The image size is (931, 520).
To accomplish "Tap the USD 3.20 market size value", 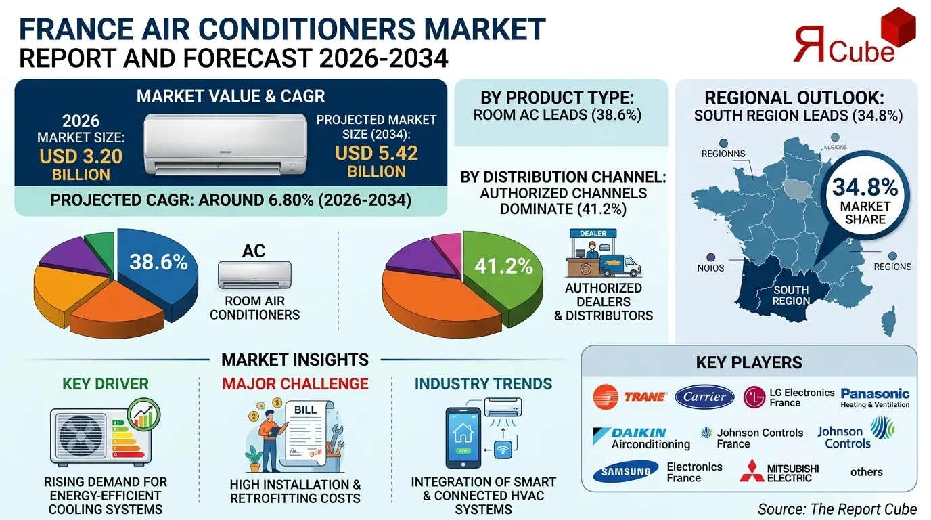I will click(81, 156).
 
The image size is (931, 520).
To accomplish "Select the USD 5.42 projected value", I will click(376, 153).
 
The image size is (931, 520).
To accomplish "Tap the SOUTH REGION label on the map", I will click(791, 295).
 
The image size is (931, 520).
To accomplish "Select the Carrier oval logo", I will click(704, 397).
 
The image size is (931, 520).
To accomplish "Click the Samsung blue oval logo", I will click(625, 472).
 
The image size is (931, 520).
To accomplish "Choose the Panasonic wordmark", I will click(875, 393).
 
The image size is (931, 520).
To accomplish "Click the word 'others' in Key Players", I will click(866, 472).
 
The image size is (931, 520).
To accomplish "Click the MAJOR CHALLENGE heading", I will click(295, 384).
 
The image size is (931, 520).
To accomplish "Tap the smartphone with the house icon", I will click(463, 437).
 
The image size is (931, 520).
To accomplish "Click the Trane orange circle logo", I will click(605, 397).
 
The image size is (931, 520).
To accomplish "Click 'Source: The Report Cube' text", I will click(837, 508).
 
